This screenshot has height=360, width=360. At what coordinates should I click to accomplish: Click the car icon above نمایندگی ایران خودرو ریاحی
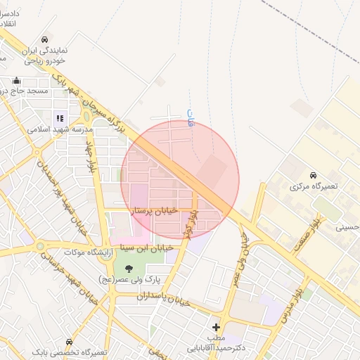coord(45,39)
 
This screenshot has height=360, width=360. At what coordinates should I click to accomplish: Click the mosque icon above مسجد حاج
coord(17,80)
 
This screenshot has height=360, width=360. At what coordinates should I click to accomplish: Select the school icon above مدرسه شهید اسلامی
coord(60,118)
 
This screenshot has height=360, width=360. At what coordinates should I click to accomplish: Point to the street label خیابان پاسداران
coord(164,300)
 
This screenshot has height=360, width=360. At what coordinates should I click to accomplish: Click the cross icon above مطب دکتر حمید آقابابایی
coord(216,327)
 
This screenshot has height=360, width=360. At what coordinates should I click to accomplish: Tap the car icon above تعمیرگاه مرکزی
coord(313,175)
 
